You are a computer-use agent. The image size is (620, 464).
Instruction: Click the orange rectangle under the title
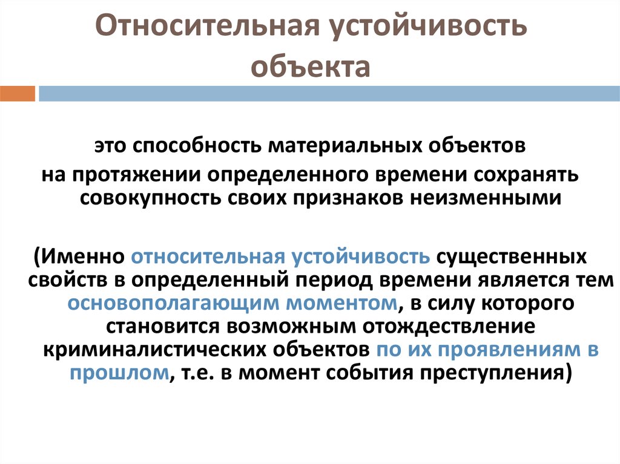tap(18, 94)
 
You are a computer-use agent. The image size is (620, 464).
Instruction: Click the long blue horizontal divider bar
tap(329, 94)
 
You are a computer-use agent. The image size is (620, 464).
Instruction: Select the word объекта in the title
tap(311, 67)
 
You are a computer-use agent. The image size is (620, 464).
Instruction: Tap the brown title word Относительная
tap(207, 26)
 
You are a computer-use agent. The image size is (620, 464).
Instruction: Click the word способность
tap(197, 146)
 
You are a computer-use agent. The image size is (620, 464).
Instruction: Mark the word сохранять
tap(526, 175)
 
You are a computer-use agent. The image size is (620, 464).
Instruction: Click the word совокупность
tap(150, 198)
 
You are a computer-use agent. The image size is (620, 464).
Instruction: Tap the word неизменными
tap(485, 198)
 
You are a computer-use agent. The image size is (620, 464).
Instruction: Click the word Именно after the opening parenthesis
tap(82, 257)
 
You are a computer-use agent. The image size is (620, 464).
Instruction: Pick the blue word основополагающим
tap(173, 304)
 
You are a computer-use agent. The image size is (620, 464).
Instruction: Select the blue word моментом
tap(341, 304)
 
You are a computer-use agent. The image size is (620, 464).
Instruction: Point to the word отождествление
tap(449, 327)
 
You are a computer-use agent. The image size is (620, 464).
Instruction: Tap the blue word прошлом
tap(119, 373)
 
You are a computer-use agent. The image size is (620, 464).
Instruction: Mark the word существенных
tap(511, 257)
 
